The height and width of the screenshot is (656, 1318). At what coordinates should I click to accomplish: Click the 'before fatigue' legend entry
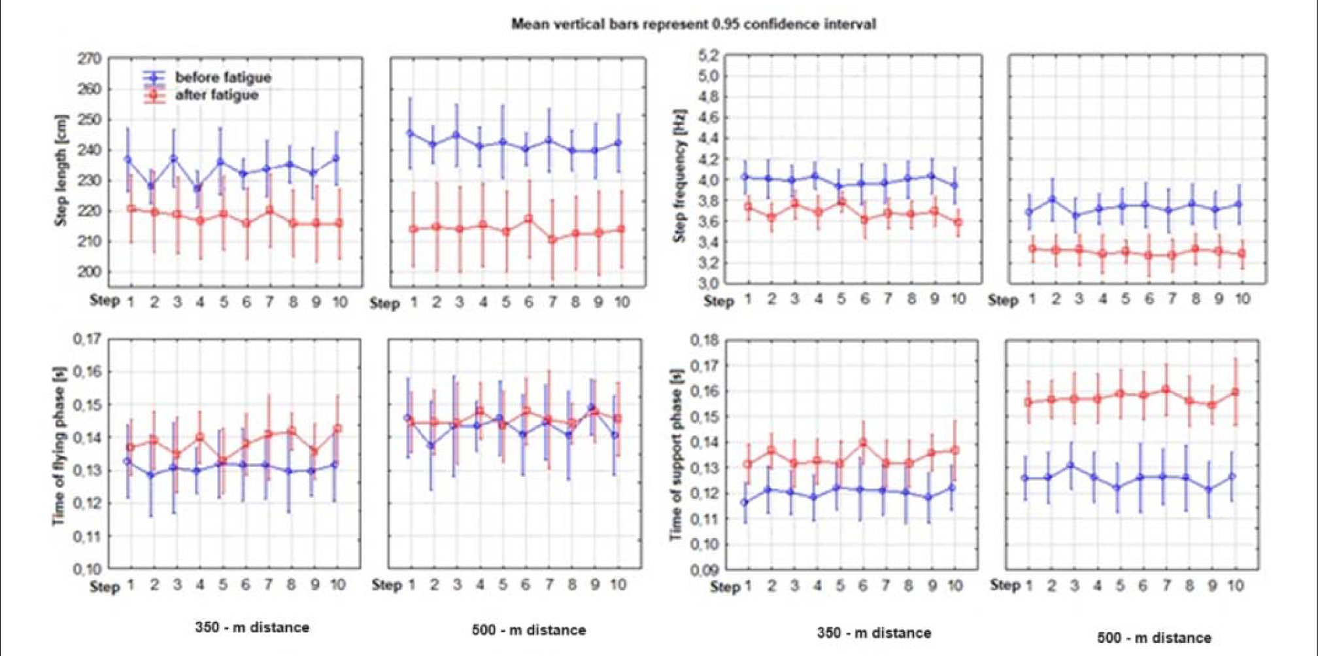coord(223,77)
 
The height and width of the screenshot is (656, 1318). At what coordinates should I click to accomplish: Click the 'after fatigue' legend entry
coord(216,95)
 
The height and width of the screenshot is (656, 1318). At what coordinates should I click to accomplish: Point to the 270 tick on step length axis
coord(90,59)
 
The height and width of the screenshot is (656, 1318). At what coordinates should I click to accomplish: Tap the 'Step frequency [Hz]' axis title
coord(680,175)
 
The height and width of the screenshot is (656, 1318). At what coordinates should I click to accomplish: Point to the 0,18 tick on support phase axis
coord(704,340)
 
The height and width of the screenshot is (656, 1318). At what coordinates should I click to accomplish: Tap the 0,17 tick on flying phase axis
coord(87,339)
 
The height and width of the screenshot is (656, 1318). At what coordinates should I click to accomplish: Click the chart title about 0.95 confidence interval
coord(693,25)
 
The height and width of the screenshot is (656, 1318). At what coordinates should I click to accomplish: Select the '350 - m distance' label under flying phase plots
coord(252,627)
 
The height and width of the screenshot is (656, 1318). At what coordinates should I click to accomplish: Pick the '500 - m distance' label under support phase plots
coord(1154,637)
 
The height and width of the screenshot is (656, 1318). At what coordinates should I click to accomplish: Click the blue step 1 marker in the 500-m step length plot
coord(411,133)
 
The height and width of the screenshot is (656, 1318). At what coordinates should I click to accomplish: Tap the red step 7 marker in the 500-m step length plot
coord(552,239)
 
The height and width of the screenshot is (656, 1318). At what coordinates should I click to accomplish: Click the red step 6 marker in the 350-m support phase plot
coord(863,443)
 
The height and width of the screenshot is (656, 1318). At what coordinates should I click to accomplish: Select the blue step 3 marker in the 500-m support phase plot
coord(1071,465)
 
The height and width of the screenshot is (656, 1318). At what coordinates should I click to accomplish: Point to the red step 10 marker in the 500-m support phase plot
coord(1236,392)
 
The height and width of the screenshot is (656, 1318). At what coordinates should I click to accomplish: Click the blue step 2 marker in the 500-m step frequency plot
coord(1053,199)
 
